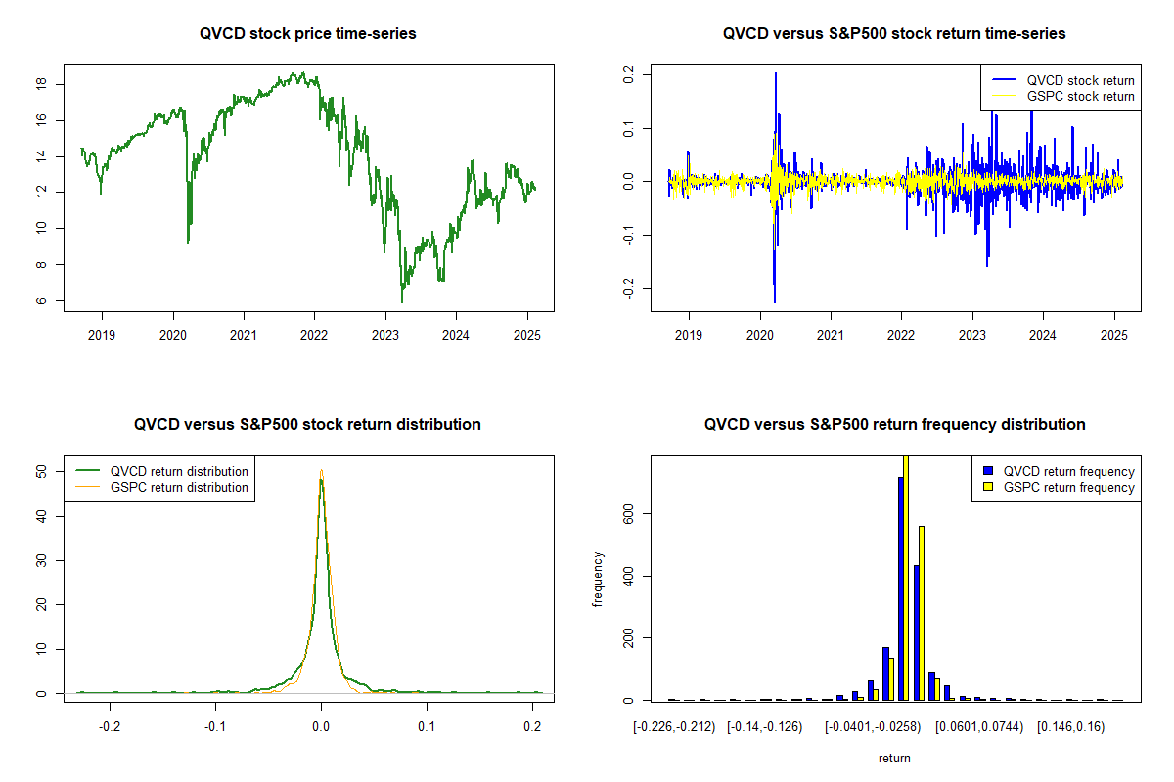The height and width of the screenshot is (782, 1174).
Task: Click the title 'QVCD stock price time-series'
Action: click(308, 34)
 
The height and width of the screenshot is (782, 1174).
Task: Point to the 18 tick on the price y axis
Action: click(42, 84)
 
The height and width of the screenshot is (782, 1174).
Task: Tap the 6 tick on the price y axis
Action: click(42, 301)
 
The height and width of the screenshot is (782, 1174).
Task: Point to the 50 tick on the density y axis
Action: click(42, 471)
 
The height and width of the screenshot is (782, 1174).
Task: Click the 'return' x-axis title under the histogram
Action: click(894, 758)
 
